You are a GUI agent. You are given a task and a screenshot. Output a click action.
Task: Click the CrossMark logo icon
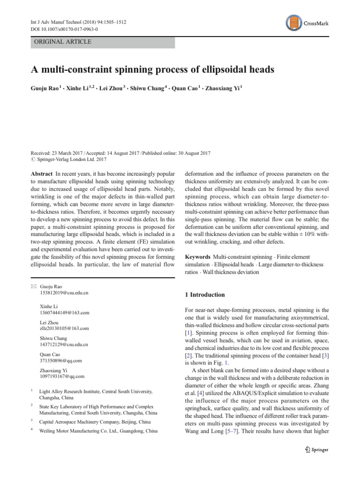pos(293,23)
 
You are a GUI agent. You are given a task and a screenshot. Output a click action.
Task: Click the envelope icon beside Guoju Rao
pos(32,286)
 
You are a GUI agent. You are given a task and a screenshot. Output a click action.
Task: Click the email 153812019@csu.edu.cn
pos(64,292)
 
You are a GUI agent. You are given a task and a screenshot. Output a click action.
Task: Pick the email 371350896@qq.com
pos(61,360)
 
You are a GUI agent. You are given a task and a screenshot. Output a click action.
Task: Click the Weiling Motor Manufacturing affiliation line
pos(98,430)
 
